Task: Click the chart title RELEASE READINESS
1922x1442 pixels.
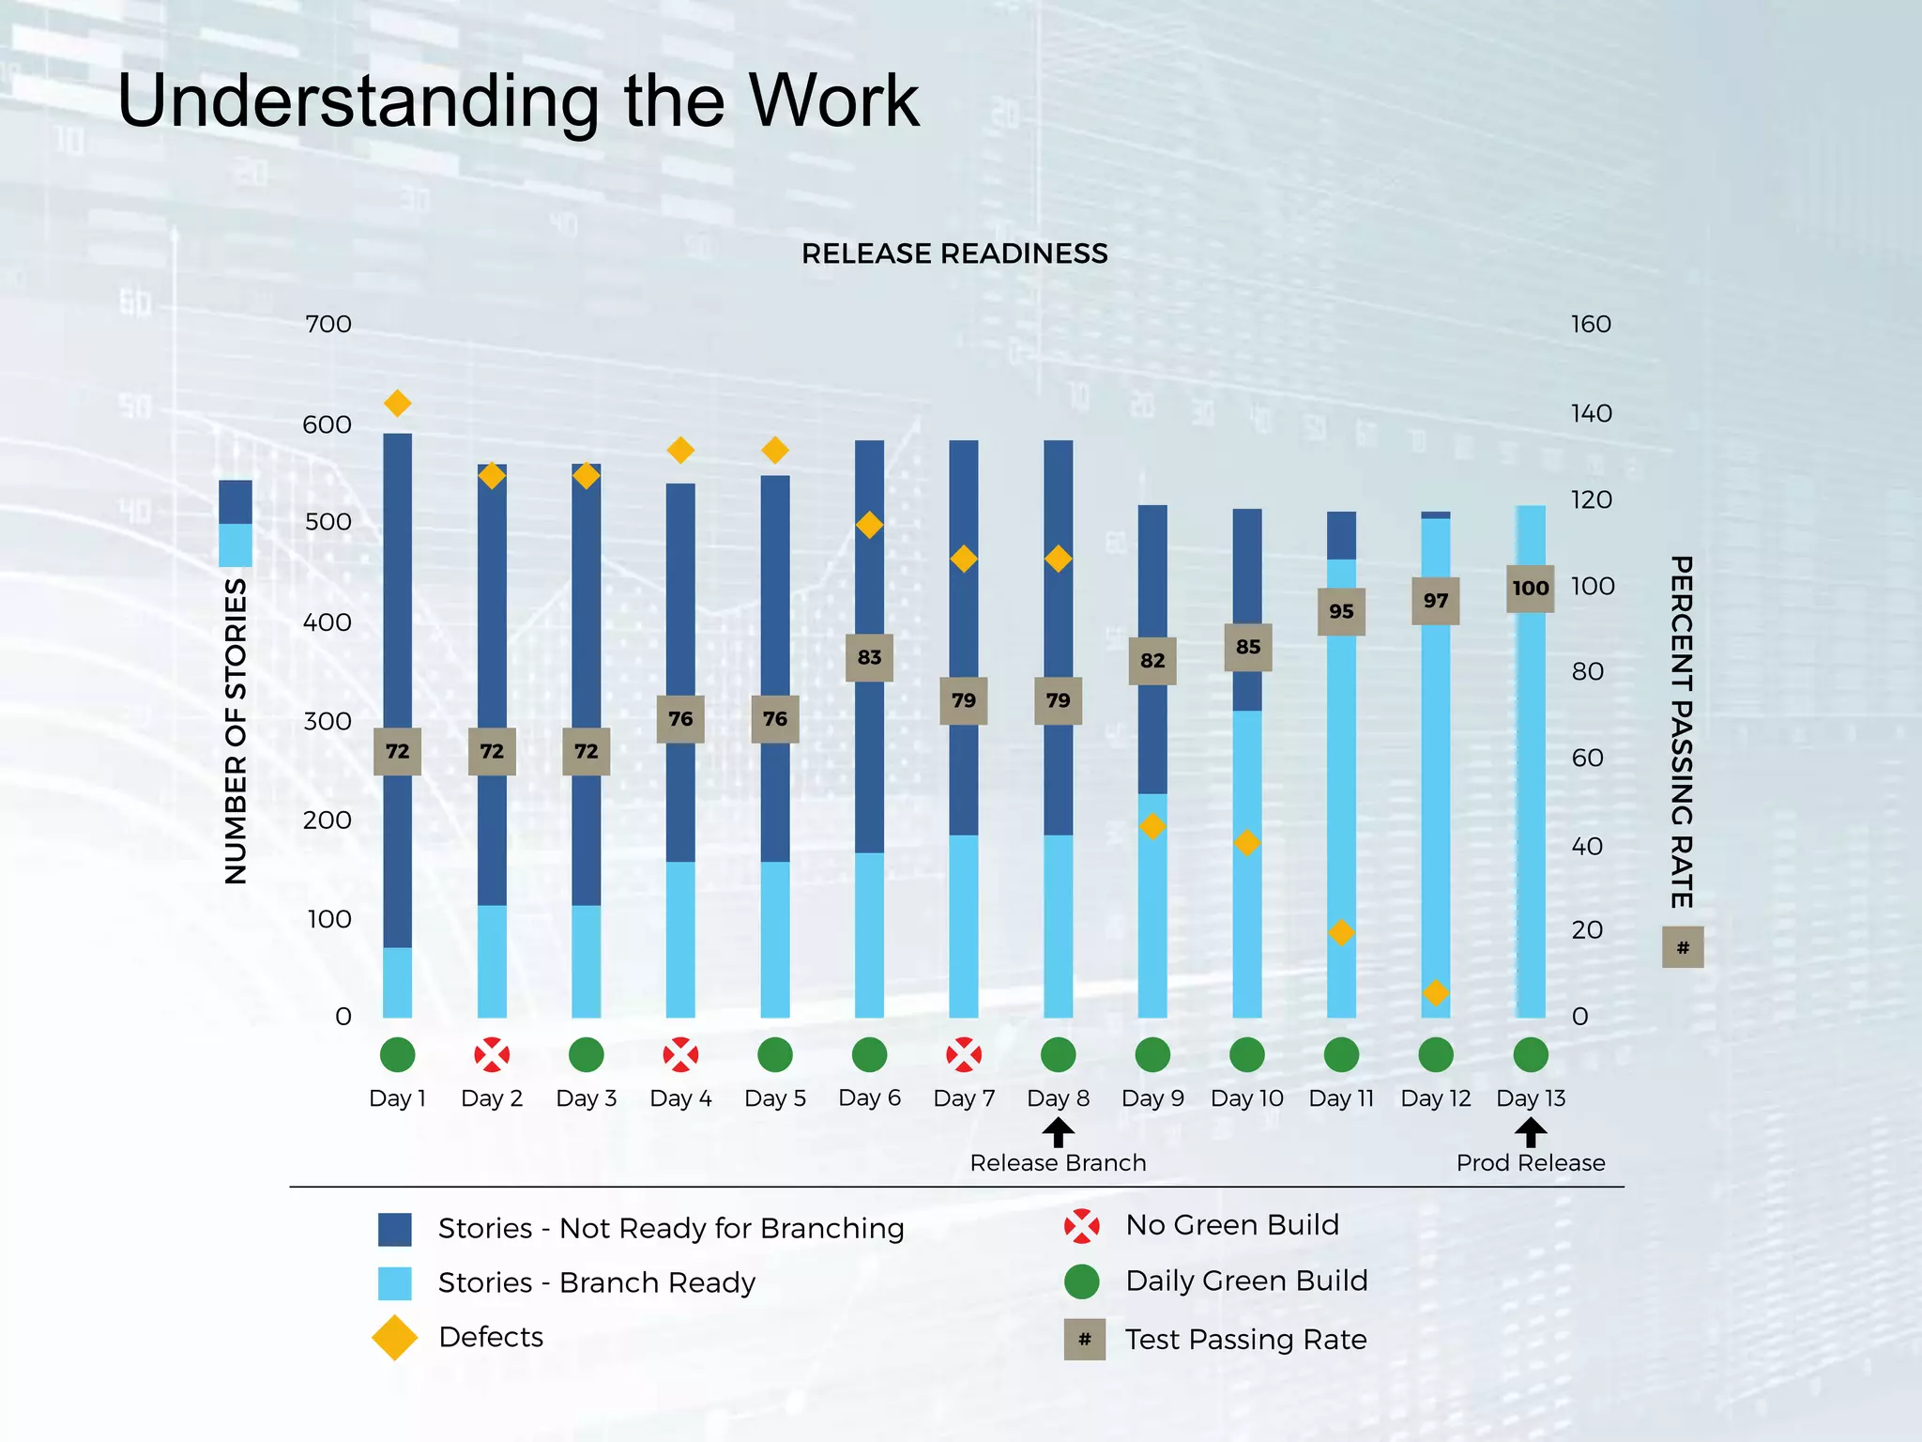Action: tap(954, 253)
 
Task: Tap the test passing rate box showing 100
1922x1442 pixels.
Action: tap(1530, 589)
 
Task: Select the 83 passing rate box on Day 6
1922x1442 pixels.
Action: tap(869, 657)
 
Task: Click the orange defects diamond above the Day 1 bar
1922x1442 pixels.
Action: tap(397, 404)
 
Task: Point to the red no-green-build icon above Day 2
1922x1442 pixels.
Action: tap(492, 1054)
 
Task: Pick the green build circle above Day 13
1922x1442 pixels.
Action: tap(1531, 1054)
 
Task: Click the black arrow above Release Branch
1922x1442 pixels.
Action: tap(1058, 1133)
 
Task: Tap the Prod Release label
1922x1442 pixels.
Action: tap(1530, 1163)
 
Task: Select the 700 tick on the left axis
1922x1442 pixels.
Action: tap(328, 325)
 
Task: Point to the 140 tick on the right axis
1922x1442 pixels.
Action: tap(1591, 413)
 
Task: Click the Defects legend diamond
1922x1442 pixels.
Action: tap(394, 1337)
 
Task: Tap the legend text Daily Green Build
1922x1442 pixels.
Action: tap(1245, 1281)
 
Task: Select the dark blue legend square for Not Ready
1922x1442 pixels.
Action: tap(394, 1229)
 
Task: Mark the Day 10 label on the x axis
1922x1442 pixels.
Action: tap(1246, 1098)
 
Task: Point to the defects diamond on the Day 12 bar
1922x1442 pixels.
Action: tap(1435, 992)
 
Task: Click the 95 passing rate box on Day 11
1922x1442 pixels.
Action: tap(1341, 611)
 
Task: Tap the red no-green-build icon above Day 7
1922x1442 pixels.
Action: tap(964, 1054)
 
